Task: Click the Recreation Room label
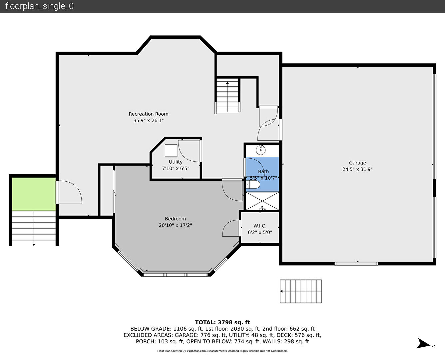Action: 148,114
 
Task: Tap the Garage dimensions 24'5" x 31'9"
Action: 357,169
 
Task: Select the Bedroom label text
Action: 175,219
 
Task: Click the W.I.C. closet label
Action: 260,226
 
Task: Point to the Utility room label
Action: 176,162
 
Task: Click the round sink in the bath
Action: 260,150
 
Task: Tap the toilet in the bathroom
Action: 253,185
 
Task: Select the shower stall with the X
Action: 262,201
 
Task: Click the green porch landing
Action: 34,194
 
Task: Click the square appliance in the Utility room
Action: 171,151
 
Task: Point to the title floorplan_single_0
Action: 40,6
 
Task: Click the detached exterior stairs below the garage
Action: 301,291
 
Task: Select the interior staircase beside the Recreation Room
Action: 227,95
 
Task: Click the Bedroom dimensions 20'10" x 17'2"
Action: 175,225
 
